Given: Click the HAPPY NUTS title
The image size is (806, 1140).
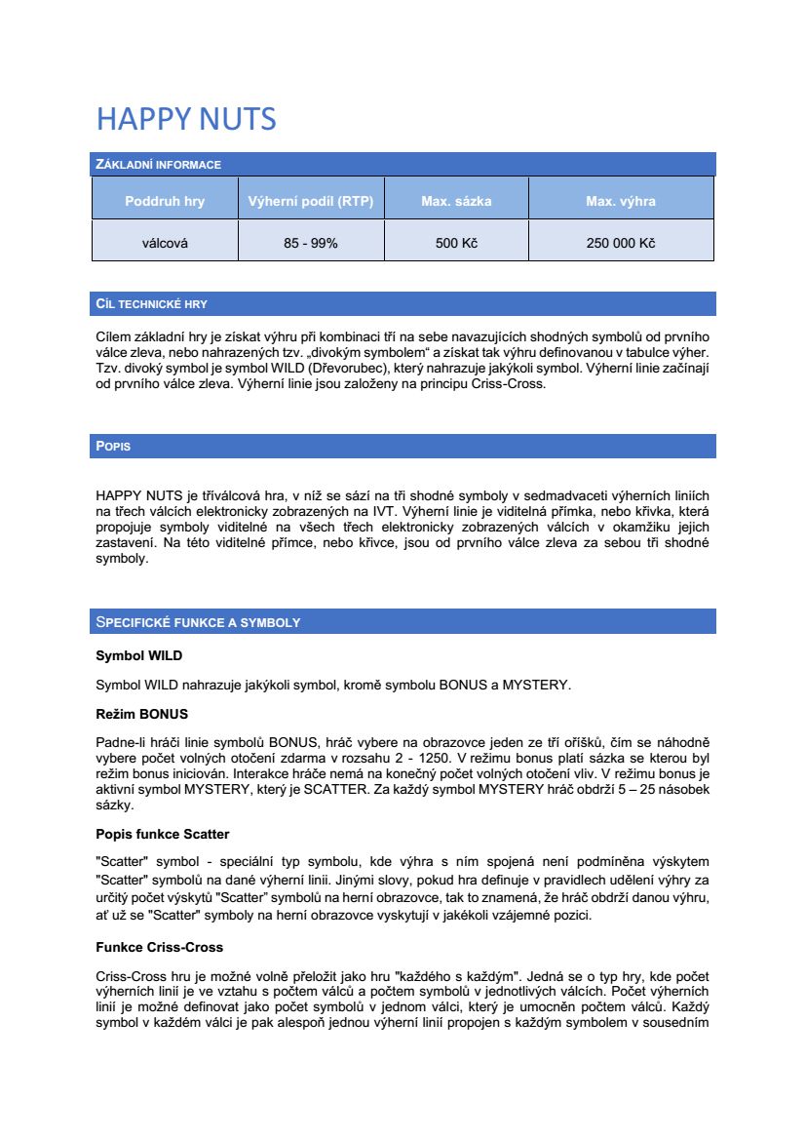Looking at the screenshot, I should click(x=186, y=119).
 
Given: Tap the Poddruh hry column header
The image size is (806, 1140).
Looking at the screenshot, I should click(x=165, y=202).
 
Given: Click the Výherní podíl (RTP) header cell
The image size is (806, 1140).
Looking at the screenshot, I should click(x=311, y=202).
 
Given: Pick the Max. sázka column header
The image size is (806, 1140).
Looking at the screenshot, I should click(x=456, y=202).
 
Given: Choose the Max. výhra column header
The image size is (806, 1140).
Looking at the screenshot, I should click(x=620, y=202).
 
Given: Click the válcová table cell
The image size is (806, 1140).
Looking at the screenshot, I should click(x=165, y=243).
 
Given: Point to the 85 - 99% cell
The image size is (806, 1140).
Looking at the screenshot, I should click(x=311, y=243).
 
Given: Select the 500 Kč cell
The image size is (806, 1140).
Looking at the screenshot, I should click(x=456, y=243).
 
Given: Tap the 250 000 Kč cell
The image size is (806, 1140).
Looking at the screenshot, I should click(x=620, y=243).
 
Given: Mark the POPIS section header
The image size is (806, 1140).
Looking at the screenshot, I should click(x=113, y=447).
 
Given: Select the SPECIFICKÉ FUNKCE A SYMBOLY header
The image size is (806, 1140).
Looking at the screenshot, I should click(x=198, y=622).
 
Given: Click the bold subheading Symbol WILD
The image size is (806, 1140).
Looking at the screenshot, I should click(x=138, y=655).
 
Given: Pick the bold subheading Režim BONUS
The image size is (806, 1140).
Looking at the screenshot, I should click(x=141, y=715).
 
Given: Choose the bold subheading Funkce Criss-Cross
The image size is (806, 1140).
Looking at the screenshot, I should click(x=159, y=947).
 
